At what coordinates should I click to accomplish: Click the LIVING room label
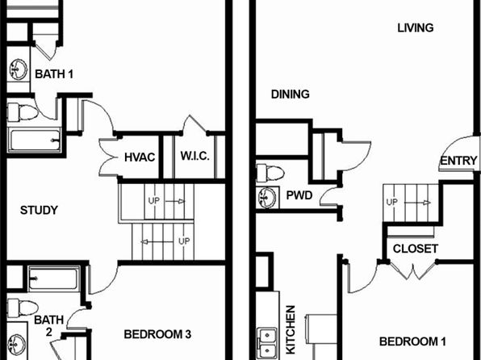coord(416,28)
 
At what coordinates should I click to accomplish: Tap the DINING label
coord(291,94)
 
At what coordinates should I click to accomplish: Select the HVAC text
coord(140,157)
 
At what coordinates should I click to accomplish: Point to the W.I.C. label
coord(195,157)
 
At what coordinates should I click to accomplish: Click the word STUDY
coord(39,210)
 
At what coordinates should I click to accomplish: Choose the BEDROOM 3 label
coord(157,334)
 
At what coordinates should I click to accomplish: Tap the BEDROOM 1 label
coord(412,341)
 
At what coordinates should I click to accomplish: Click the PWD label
coord(299,195)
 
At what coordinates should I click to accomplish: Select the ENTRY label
coord(458,161)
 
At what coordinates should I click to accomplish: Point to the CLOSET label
coord(416,249)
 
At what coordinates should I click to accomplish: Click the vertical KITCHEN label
coord(291,329)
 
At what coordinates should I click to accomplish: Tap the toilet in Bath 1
coord(23,112)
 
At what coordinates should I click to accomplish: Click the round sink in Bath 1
coord(18,69)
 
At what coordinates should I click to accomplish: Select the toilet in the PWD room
coord(270,173)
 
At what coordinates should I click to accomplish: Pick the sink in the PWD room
coord(267,198)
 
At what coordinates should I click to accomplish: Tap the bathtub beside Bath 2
coord(54,278)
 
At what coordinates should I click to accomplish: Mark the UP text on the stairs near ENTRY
coord(391,203)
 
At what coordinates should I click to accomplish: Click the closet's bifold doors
coord(412,270)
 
